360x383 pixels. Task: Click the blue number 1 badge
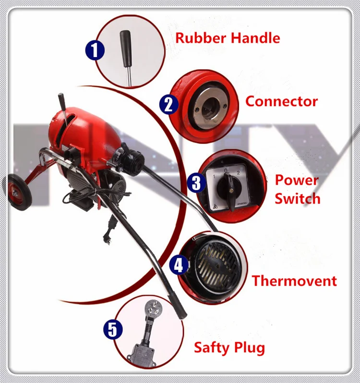(95, 50)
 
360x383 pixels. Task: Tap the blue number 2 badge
(168, 104)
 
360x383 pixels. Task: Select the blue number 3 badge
(196, 183)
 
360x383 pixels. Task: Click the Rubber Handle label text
(228, 38)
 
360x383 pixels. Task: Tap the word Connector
(281, 101)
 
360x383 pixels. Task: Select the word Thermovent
(294, 281)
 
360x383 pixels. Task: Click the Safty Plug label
(229, 347)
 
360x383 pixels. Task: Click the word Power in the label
(296, 180)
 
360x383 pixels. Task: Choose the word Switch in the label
(297, 198)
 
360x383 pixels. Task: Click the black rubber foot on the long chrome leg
(180, 312)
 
